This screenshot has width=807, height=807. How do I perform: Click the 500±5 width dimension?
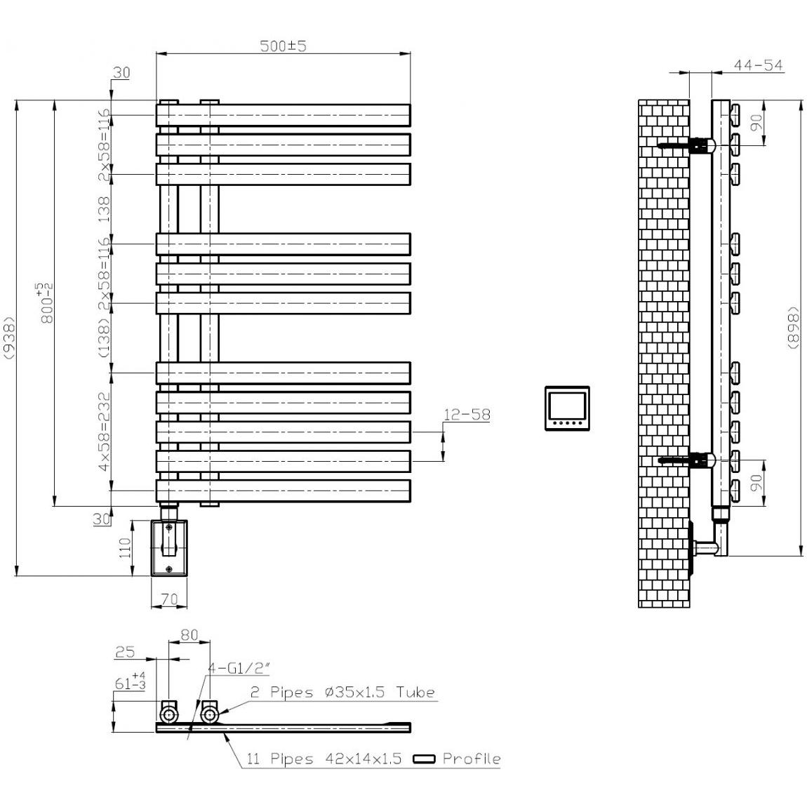coord(284,46)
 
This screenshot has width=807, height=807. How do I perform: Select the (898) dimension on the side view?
coord(794,327)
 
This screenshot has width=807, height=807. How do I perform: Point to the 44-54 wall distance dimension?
coord(758,65)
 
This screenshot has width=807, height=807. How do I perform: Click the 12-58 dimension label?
coord(466,415)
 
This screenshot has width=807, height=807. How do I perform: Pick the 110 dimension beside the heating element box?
coord(125,547)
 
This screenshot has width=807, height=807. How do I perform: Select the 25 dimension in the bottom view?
coord(124,652)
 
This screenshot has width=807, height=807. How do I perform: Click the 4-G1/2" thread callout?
coord(236,669)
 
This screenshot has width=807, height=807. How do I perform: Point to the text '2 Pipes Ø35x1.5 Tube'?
coord(342,693)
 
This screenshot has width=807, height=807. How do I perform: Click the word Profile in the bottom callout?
coord(471,759)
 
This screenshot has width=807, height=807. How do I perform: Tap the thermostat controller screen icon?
coord(567,408)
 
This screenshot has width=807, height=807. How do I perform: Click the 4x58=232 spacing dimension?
coord(103,432)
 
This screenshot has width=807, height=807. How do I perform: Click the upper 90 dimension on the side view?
coord(756,123)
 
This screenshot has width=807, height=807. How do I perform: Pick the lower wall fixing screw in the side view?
coord(674,461)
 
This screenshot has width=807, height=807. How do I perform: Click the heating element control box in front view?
coord(169,547)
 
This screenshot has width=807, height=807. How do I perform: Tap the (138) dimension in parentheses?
coord(103,338)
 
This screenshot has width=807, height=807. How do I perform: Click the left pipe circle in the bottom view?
coord(169,714)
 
